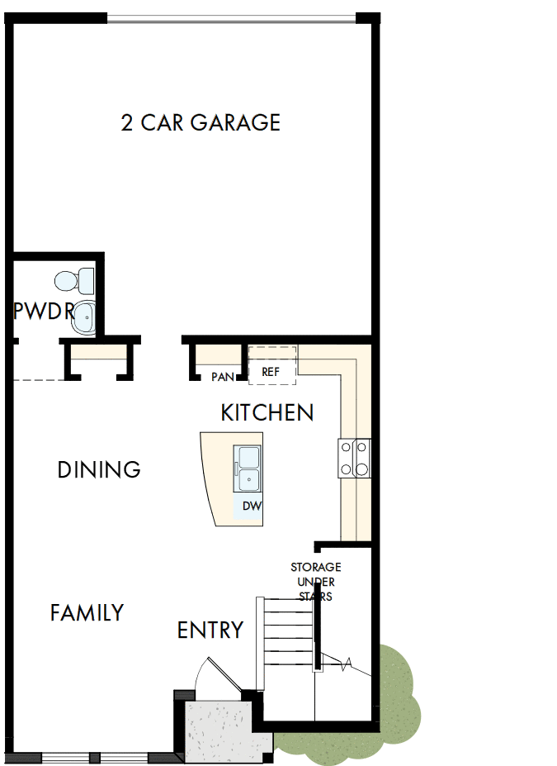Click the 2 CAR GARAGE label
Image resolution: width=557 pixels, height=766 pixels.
(201, 123)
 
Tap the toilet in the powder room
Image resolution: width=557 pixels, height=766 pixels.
(85, 282)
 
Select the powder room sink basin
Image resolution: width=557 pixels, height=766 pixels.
(83, 318)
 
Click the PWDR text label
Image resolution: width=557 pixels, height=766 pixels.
(42, 312)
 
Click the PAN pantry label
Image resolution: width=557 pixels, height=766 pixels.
(222, 377)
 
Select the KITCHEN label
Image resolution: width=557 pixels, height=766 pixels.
(267, 412)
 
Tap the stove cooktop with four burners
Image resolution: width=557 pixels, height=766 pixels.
(354, 458)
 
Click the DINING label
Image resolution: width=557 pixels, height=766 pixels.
(99, 470)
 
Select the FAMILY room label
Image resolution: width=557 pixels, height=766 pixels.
(87, 613)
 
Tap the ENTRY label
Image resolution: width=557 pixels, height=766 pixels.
(210, 630)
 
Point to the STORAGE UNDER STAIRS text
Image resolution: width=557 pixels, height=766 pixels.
(315, 582)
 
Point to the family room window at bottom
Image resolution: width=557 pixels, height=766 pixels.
(94, 757)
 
